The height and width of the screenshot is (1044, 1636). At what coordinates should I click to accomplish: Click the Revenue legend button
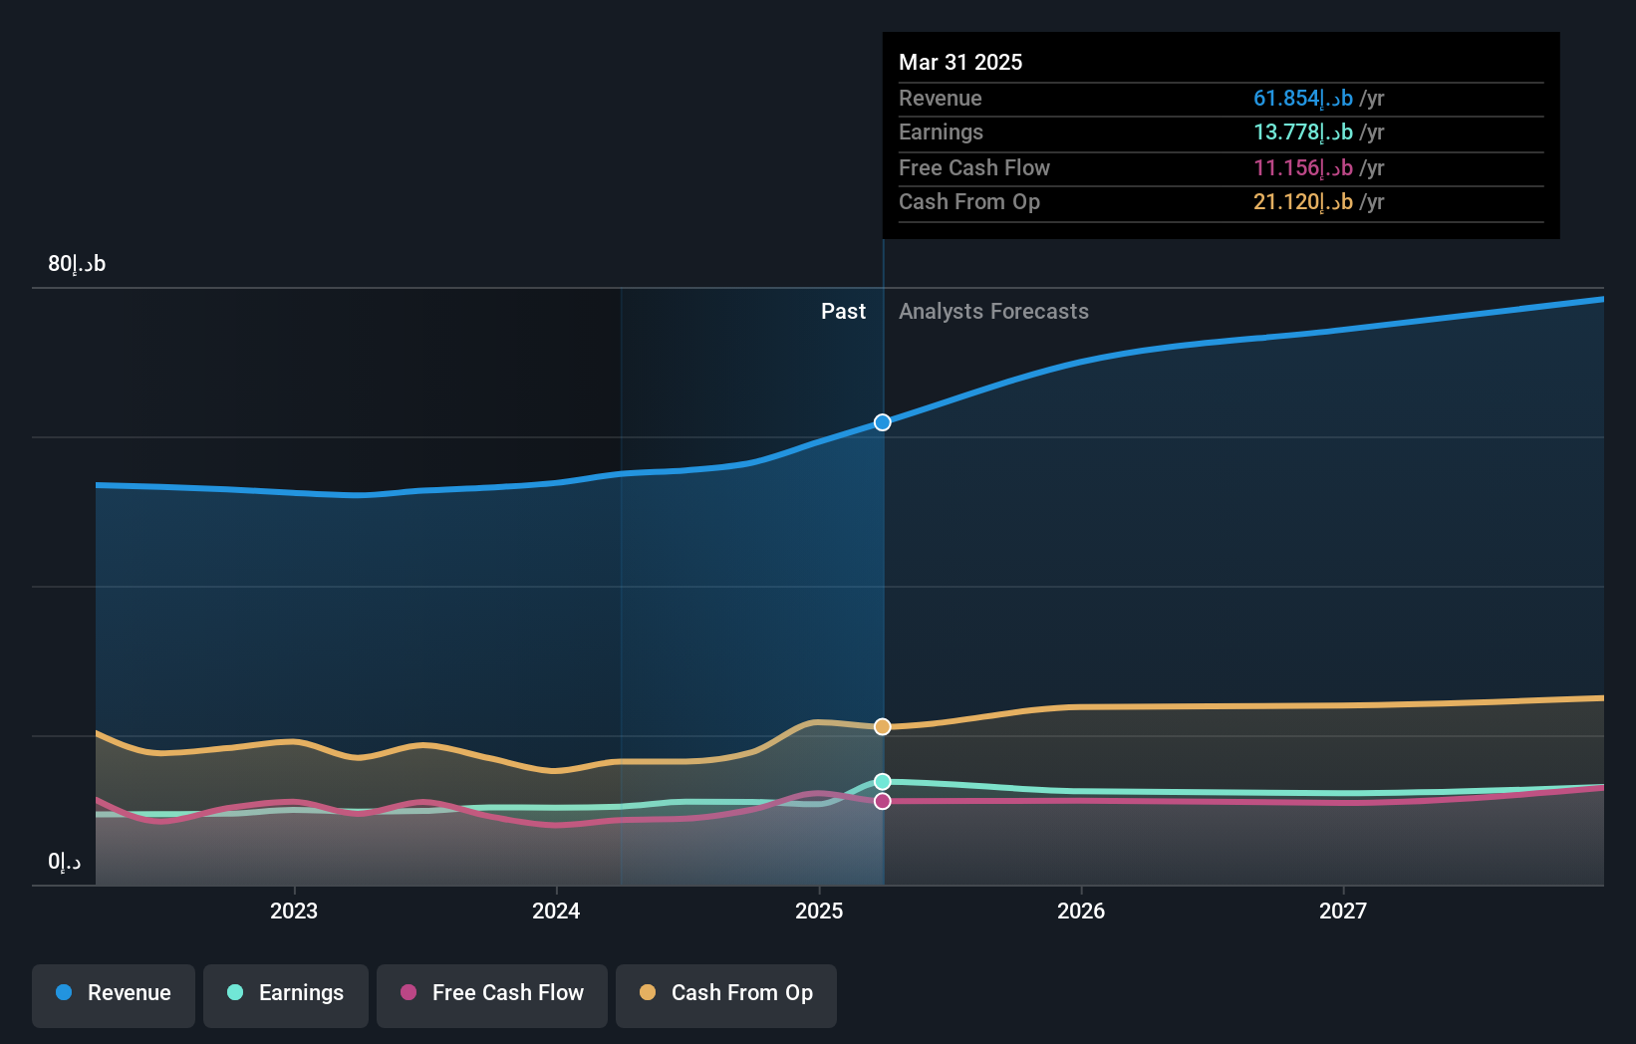click(x=114, y=993)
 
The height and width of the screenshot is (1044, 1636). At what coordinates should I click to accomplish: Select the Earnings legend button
click(x=286, y=993)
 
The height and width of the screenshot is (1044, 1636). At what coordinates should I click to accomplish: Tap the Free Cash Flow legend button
click(x=492, y=993)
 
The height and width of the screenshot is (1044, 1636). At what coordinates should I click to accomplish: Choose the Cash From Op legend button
click(x=726, y=993)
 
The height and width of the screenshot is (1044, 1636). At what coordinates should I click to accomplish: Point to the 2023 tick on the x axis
click(x=294, y=911)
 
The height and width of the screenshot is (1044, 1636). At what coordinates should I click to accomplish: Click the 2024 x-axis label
click(x=556, y=911)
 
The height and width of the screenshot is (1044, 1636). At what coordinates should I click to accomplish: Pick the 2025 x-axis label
click(x=819, y=911)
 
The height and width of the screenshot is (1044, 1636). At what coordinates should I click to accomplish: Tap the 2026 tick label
click(x=1081, y=911)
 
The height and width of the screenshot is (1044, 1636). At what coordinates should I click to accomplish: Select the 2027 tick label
click(x=1343, y=911)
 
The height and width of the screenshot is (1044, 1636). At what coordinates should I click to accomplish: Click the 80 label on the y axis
click(x=77, y=264)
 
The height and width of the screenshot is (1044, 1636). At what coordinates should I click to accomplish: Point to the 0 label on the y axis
click(x=65, y=862)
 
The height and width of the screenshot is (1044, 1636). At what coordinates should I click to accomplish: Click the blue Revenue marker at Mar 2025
click(x=883, y=422)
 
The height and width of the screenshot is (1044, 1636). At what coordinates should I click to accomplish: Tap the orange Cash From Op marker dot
click(x=883, y=727)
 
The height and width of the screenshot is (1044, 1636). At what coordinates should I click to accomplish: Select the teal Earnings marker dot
click(x=883, y=782)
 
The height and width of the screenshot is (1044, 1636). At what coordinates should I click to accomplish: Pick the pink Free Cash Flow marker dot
click(x=883, y=801)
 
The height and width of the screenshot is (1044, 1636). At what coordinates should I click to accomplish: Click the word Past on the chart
click(x=843, y=312)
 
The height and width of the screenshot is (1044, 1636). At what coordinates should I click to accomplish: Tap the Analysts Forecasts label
click(x=993, y=312)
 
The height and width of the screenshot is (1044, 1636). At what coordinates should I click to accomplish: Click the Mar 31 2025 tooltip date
click(x=960, y=62)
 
